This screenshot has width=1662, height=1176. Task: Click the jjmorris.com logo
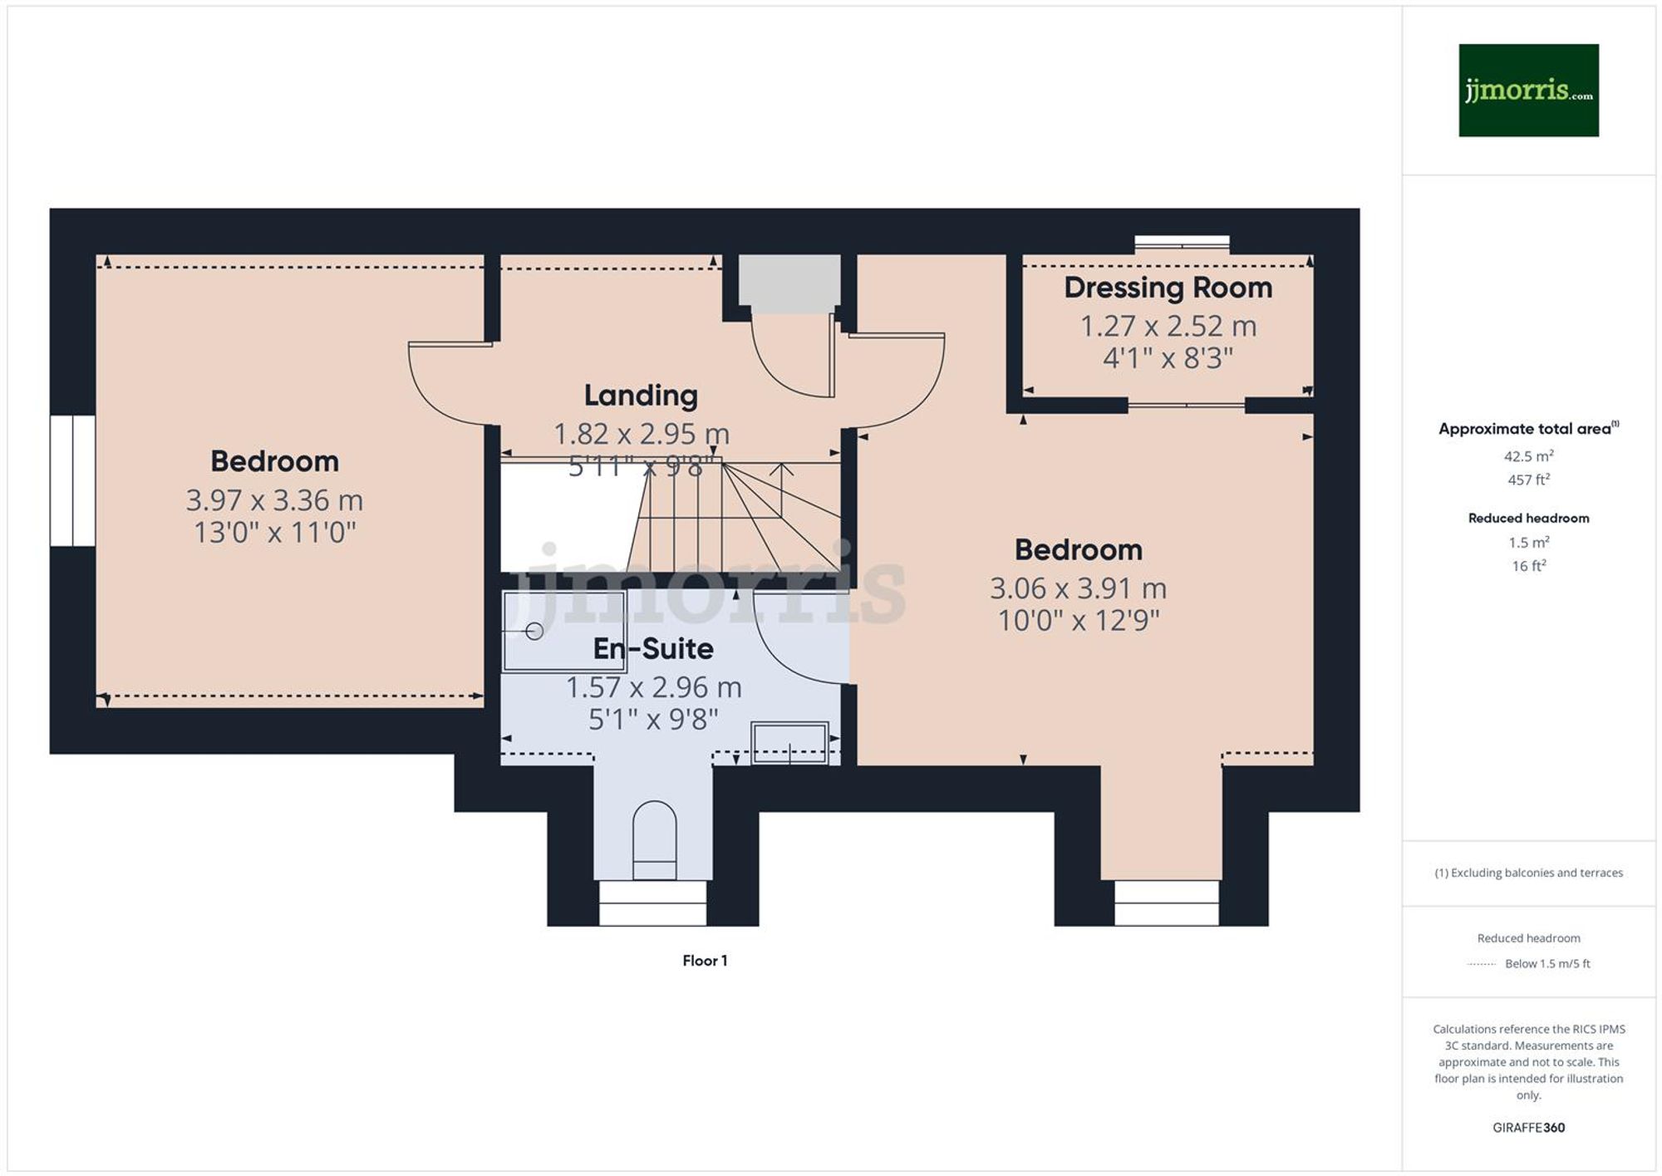tap(1527, 90)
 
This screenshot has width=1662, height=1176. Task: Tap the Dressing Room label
tap(1168, 288)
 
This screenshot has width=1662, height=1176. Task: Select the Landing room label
tap(640, 396)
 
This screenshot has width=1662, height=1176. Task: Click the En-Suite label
tap(653, 649)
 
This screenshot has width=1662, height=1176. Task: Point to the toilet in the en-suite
tap(654, 839)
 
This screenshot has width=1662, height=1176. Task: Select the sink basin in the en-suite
tap(789, 742)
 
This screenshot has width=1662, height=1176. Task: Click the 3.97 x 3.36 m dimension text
tap(274, 500)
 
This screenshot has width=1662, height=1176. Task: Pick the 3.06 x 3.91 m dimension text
tap(1078, 588)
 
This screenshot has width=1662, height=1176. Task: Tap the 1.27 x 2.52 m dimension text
tap(1168, 327)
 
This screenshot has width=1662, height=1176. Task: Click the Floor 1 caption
tap(705, 961)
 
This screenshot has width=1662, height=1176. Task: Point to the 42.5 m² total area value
tap(1527, 456)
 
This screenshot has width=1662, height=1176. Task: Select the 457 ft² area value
tap(1527, 480)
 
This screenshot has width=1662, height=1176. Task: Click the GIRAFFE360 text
tap(1527, 1128)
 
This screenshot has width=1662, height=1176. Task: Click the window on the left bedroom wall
tap(72, 481)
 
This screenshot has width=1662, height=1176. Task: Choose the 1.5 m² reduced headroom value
tap(1527, 543)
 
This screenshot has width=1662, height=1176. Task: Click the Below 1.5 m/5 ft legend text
tap(1546, 964)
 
